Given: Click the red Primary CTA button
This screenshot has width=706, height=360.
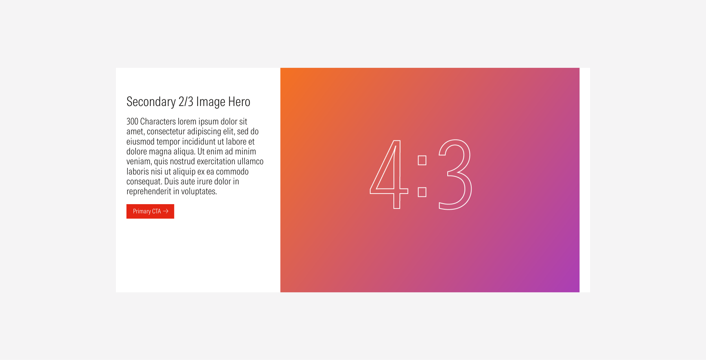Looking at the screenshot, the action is click(150, 211).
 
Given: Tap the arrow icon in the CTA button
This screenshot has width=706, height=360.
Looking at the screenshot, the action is click(166, 211).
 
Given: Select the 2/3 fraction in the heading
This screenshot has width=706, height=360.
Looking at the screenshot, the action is click(186, 102).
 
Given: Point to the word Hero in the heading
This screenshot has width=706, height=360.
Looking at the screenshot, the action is click(239, 102).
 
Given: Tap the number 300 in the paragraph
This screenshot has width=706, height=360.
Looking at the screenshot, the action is click(132, 121).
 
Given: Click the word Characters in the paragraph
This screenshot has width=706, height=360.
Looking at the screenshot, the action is click(158, 121).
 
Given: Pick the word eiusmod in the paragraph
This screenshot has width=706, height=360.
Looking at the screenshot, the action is click(140, 141).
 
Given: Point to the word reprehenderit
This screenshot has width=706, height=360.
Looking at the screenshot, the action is click(149, 191).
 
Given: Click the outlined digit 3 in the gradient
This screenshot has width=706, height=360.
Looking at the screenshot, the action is click(455, 175).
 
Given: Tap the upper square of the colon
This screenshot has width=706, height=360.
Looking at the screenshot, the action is click(422, 160).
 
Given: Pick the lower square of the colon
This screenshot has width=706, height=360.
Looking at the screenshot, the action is click(422, 192).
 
